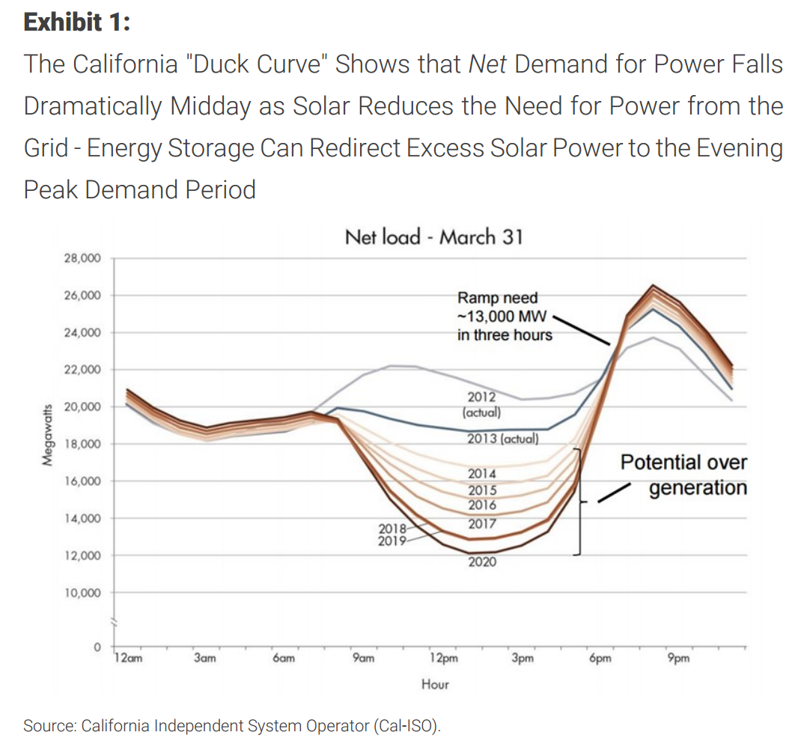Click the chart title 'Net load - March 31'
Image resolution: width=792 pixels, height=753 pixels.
click(433, 237)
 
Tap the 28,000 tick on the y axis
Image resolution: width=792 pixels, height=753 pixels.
click(83, 258)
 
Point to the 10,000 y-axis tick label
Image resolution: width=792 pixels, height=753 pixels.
click(83, 593)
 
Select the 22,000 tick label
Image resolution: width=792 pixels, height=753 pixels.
click(83, 370)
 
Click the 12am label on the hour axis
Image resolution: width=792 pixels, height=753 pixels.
click(127, 659)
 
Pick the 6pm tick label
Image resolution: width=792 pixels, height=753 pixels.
click(600, 659)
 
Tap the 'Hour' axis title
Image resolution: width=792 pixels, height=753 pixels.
click(435, 684)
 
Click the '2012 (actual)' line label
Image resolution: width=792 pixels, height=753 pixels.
click(481, 404)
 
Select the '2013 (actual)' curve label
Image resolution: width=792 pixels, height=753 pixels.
click(502, 439)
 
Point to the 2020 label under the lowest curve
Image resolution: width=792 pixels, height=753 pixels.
click(482, 561)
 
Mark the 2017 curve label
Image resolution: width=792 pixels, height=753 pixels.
click(482, 523)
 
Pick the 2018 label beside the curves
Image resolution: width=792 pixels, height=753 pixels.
click(392, 530)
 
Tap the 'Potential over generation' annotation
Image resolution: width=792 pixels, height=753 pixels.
click(683, 475)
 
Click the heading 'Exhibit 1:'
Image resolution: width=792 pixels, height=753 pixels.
click(77, 22)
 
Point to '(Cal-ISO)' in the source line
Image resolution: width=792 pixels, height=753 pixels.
click(407, 725)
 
